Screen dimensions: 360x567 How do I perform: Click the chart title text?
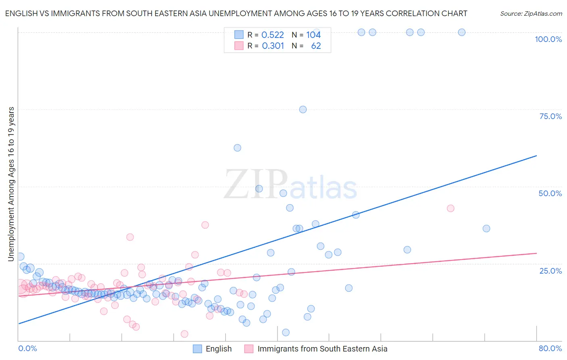pos(236,13)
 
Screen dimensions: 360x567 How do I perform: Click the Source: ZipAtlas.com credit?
pos(531,13)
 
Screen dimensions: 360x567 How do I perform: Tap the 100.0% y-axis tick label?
pos(548,39)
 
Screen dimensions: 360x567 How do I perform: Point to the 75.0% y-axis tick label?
pos(550,116)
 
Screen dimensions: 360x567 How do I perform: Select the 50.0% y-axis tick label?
pos(550,193)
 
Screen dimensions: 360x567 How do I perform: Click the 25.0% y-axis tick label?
pos(550,270)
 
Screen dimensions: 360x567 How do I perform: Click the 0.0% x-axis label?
pos(27,348)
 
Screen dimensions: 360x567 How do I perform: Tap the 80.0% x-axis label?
pos(550,348)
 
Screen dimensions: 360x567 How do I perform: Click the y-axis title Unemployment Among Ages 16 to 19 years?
pos(11,184)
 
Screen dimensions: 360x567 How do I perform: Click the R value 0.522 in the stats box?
pos(273,35)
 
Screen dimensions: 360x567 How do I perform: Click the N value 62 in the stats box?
pos(316,46)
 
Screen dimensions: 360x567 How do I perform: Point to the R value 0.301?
pos(273,46)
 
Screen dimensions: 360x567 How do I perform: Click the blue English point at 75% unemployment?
pos(303,109)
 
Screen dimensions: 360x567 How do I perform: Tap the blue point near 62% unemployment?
pos(238,148)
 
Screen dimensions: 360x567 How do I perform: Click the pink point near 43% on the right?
pos(450,208)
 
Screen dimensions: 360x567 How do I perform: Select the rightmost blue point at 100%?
pos(462,32)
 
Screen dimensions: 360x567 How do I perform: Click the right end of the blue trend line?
pos(536,155)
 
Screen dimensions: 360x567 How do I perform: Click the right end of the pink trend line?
pos(536,253)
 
